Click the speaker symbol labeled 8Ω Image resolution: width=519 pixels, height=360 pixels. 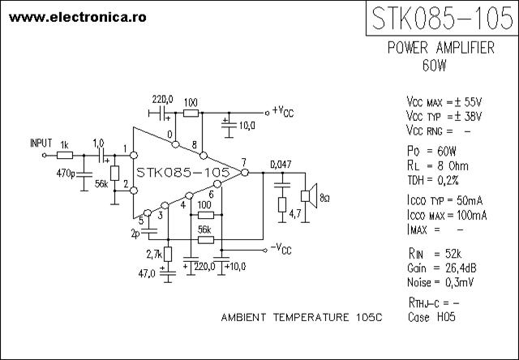coord(309,196)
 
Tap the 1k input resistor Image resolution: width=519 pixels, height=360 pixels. coord(65,155)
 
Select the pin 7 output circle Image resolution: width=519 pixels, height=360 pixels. coord(245,173)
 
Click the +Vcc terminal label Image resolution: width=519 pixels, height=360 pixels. coord(282,111)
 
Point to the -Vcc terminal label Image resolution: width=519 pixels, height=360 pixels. coord(281,248)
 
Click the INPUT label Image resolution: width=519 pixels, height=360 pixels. coord(41,143)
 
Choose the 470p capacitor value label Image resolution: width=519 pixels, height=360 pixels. coord(66,173)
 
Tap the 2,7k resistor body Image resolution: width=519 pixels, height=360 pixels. coord(168,254)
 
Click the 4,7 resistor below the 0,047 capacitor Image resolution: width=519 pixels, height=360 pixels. coord(282,205)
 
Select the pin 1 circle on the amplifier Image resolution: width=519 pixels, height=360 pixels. coord(134,155)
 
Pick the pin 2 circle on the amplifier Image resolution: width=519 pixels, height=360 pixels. coord(134,191)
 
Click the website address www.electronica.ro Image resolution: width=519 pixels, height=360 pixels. coord(78,17)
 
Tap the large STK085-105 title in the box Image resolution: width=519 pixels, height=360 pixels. coord(443,18)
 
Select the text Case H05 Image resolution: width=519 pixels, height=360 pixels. coord(431,317)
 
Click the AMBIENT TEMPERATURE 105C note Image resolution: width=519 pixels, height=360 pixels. coord(302,318)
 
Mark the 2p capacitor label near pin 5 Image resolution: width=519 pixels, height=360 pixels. coord(135,234)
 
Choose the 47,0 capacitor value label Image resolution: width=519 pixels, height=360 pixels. coord(147,273)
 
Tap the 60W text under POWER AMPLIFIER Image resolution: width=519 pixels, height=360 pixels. coord(435,66)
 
